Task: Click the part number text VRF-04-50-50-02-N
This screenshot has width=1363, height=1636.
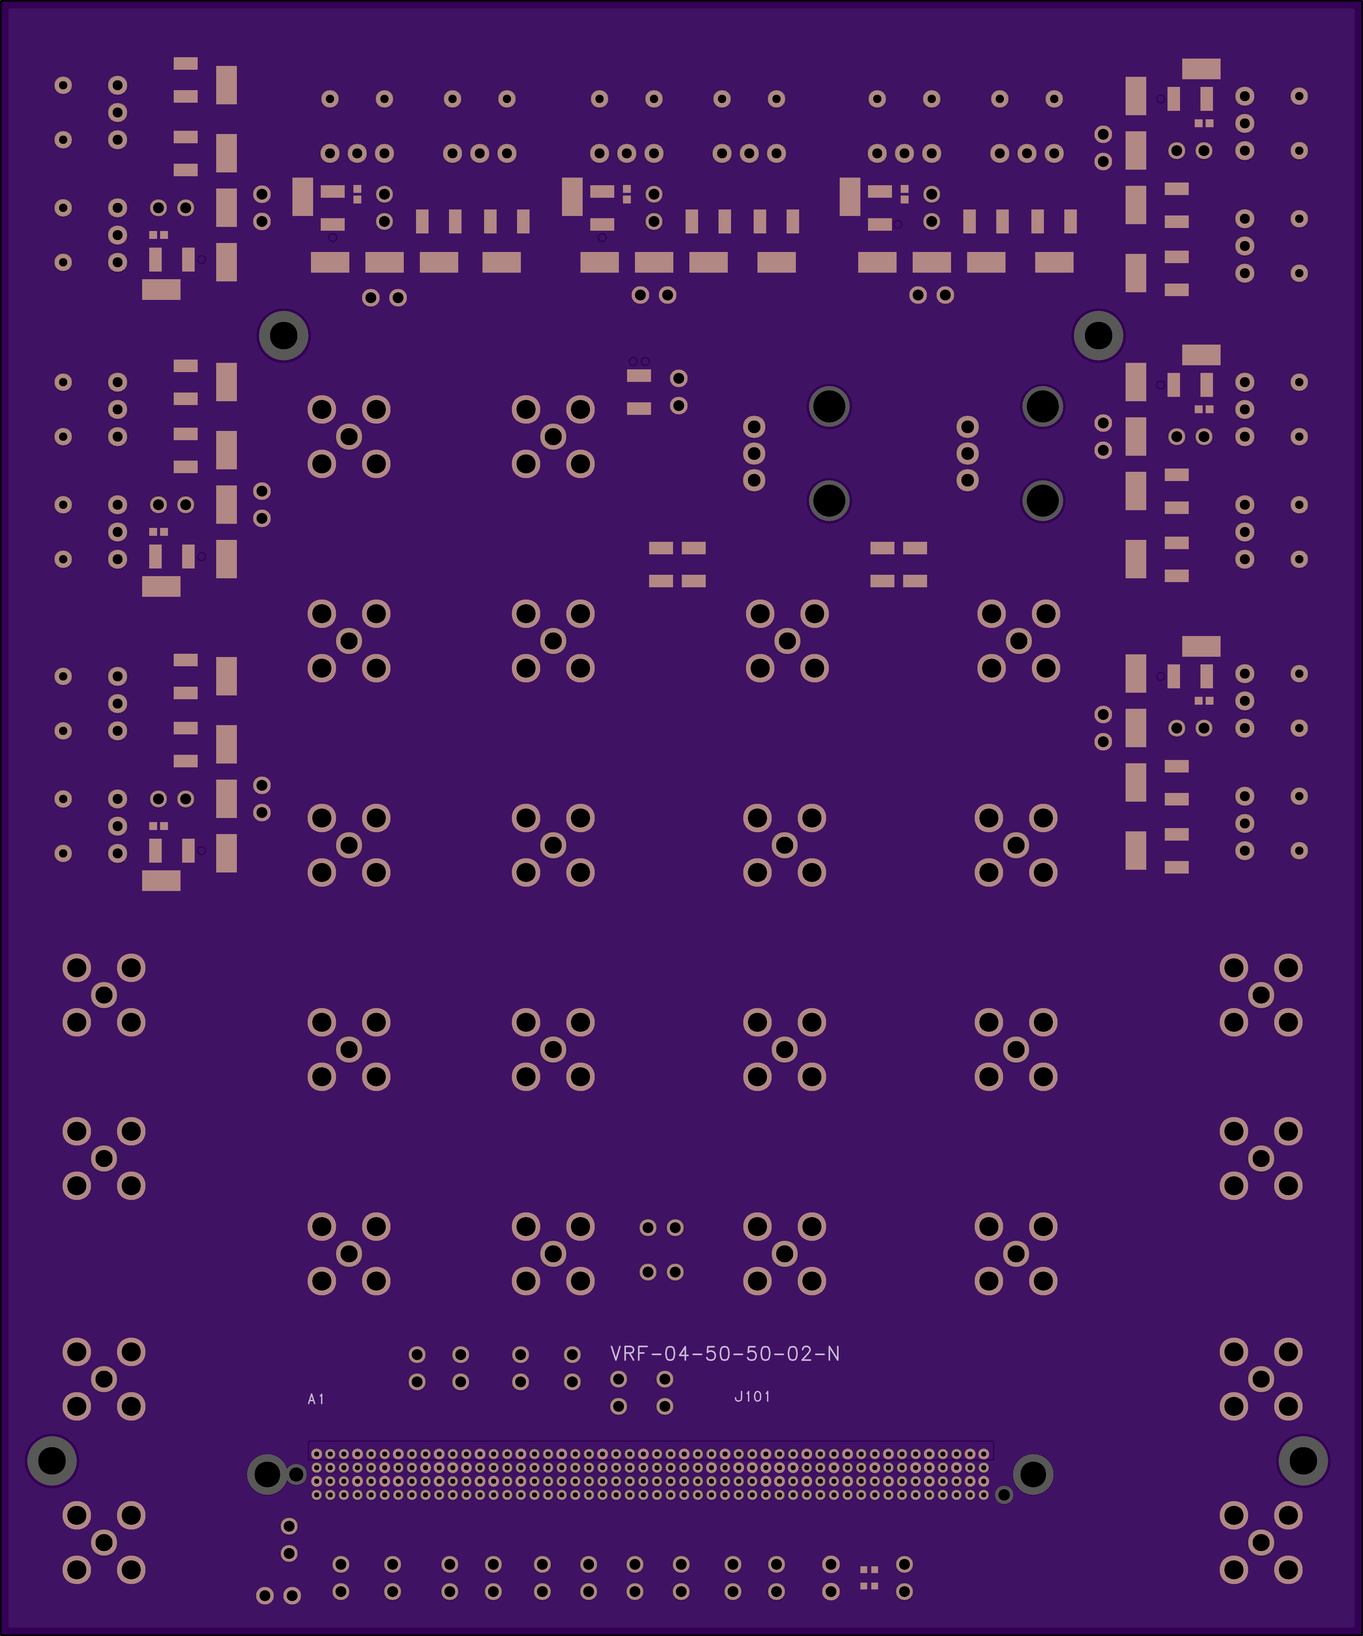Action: (724, 1354)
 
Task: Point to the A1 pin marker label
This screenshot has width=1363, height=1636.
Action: (316, 1399)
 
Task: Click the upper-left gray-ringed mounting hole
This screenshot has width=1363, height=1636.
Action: (283, 336)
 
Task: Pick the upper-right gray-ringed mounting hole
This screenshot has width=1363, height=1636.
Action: (1098, 336)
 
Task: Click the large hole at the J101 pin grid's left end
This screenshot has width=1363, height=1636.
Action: (267, 1474)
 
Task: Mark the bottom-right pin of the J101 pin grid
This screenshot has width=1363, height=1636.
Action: (984, 1495)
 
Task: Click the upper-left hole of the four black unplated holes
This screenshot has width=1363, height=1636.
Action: (829, 406)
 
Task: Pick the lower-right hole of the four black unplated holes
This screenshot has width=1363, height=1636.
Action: (1042, 500)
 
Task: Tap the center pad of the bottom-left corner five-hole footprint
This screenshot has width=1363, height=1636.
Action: (103, 1543)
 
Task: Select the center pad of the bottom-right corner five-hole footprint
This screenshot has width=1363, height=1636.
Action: (1261, 1543)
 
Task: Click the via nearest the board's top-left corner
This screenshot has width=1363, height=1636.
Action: (63, 85)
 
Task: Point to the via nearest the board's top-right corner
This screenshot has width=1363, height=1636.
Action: (1299, 96)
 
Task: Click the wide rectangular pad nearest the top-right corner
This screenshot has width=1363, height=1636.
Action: (1201, 69)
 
